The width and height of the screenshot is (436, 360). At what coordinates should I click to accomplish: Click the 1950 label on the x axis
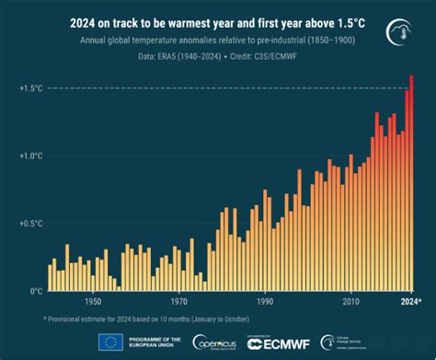[x=92, y=301]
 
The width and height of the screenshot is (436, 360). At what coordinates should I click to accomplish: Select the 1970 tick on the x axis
[x=178, y=301]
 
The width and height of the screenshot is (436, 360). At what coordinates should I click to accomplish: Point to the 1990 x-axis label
[x=265, y=301]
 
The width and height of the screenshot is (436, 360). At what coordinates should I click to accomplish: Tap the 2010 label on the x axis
[x=350, y=301]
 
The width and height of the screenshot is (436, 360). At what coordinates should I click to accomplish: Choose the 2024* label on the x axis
[x=410, y=301]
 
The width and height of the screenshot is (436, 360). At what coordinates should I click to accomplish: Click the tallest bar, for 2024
[x=410, y=184]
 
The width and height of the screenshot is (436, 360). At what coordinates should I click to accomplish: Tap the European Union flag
[x=110, y=342]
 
